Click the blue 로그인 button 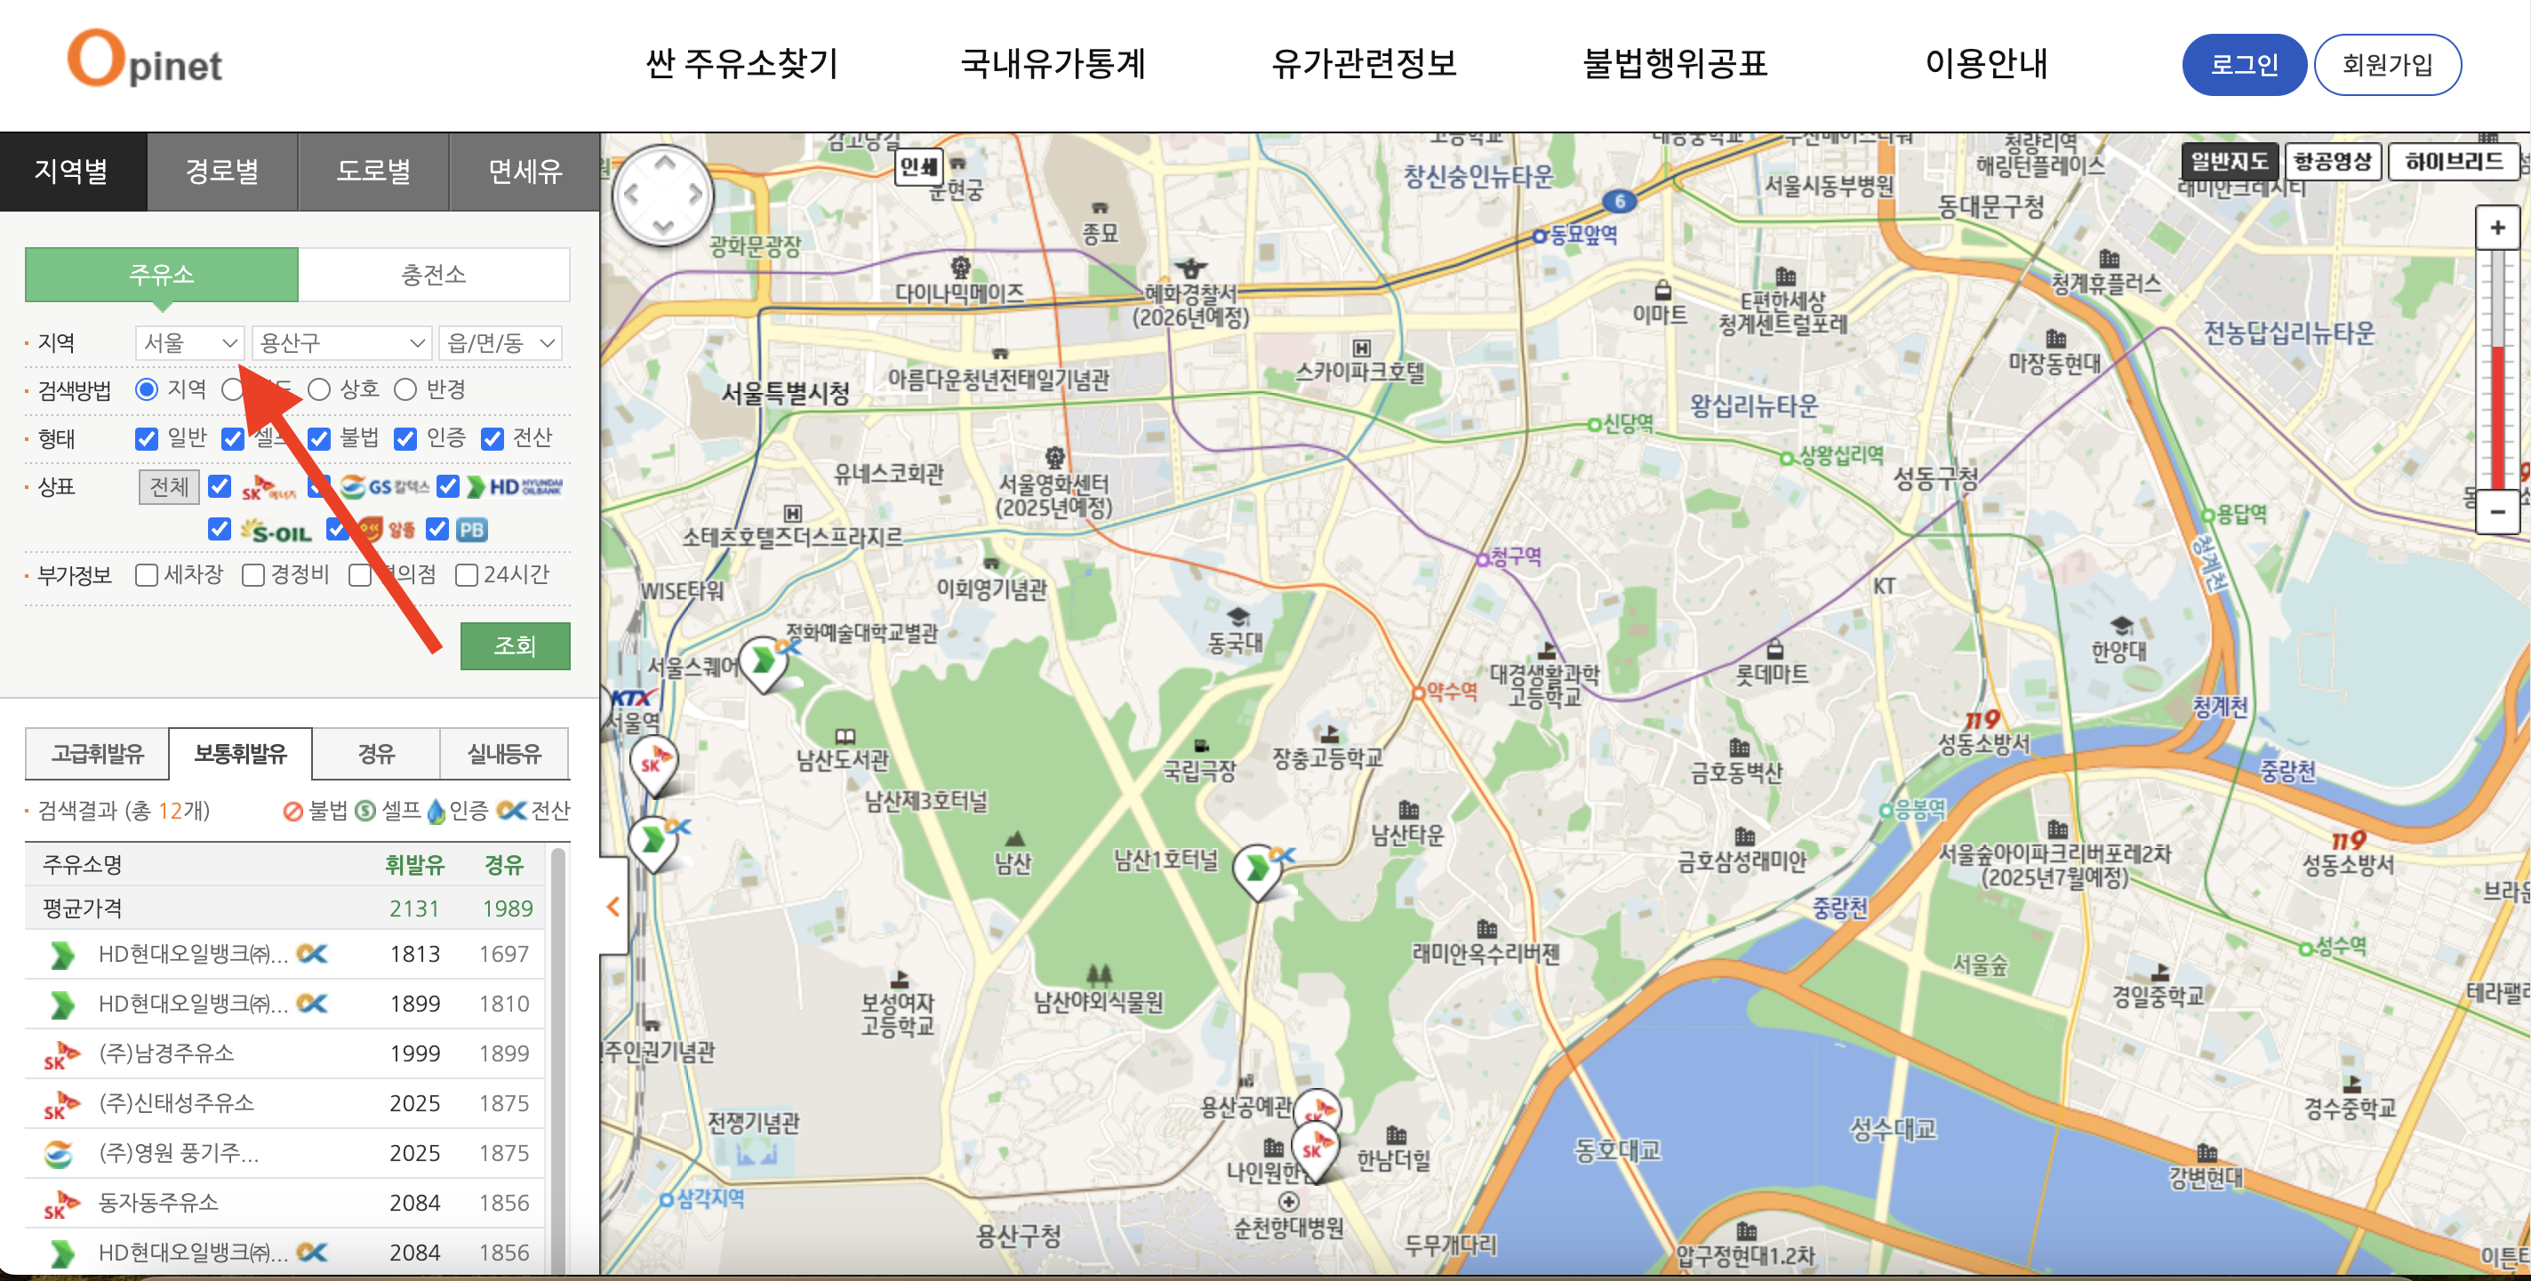tap(2243, 65)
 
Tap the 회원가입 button tap(2387, 65)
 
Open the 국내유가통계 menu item tap(1053, 64)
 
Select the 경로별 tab tap(222, 171)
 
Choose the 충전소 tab tap(433, 274)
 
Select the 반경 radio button tap(405, 390)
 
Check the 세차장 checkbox tap(148, 574)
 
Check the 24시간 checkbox tap(467, 574)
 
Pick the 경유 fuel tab tap(375, 754)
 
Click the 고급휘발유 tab tap(97, 754)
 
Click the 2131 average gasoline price tap(413, 909)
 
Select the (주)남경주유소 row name tap(166, 1053)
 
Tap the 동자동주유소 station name tap(158, 1203)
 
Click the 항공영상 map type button tap(2333, 161)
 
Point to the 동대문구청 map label tap(1990, 206)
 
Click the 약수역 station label tap(1451, 691)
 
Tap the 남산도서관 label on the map tap(842, 758)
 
